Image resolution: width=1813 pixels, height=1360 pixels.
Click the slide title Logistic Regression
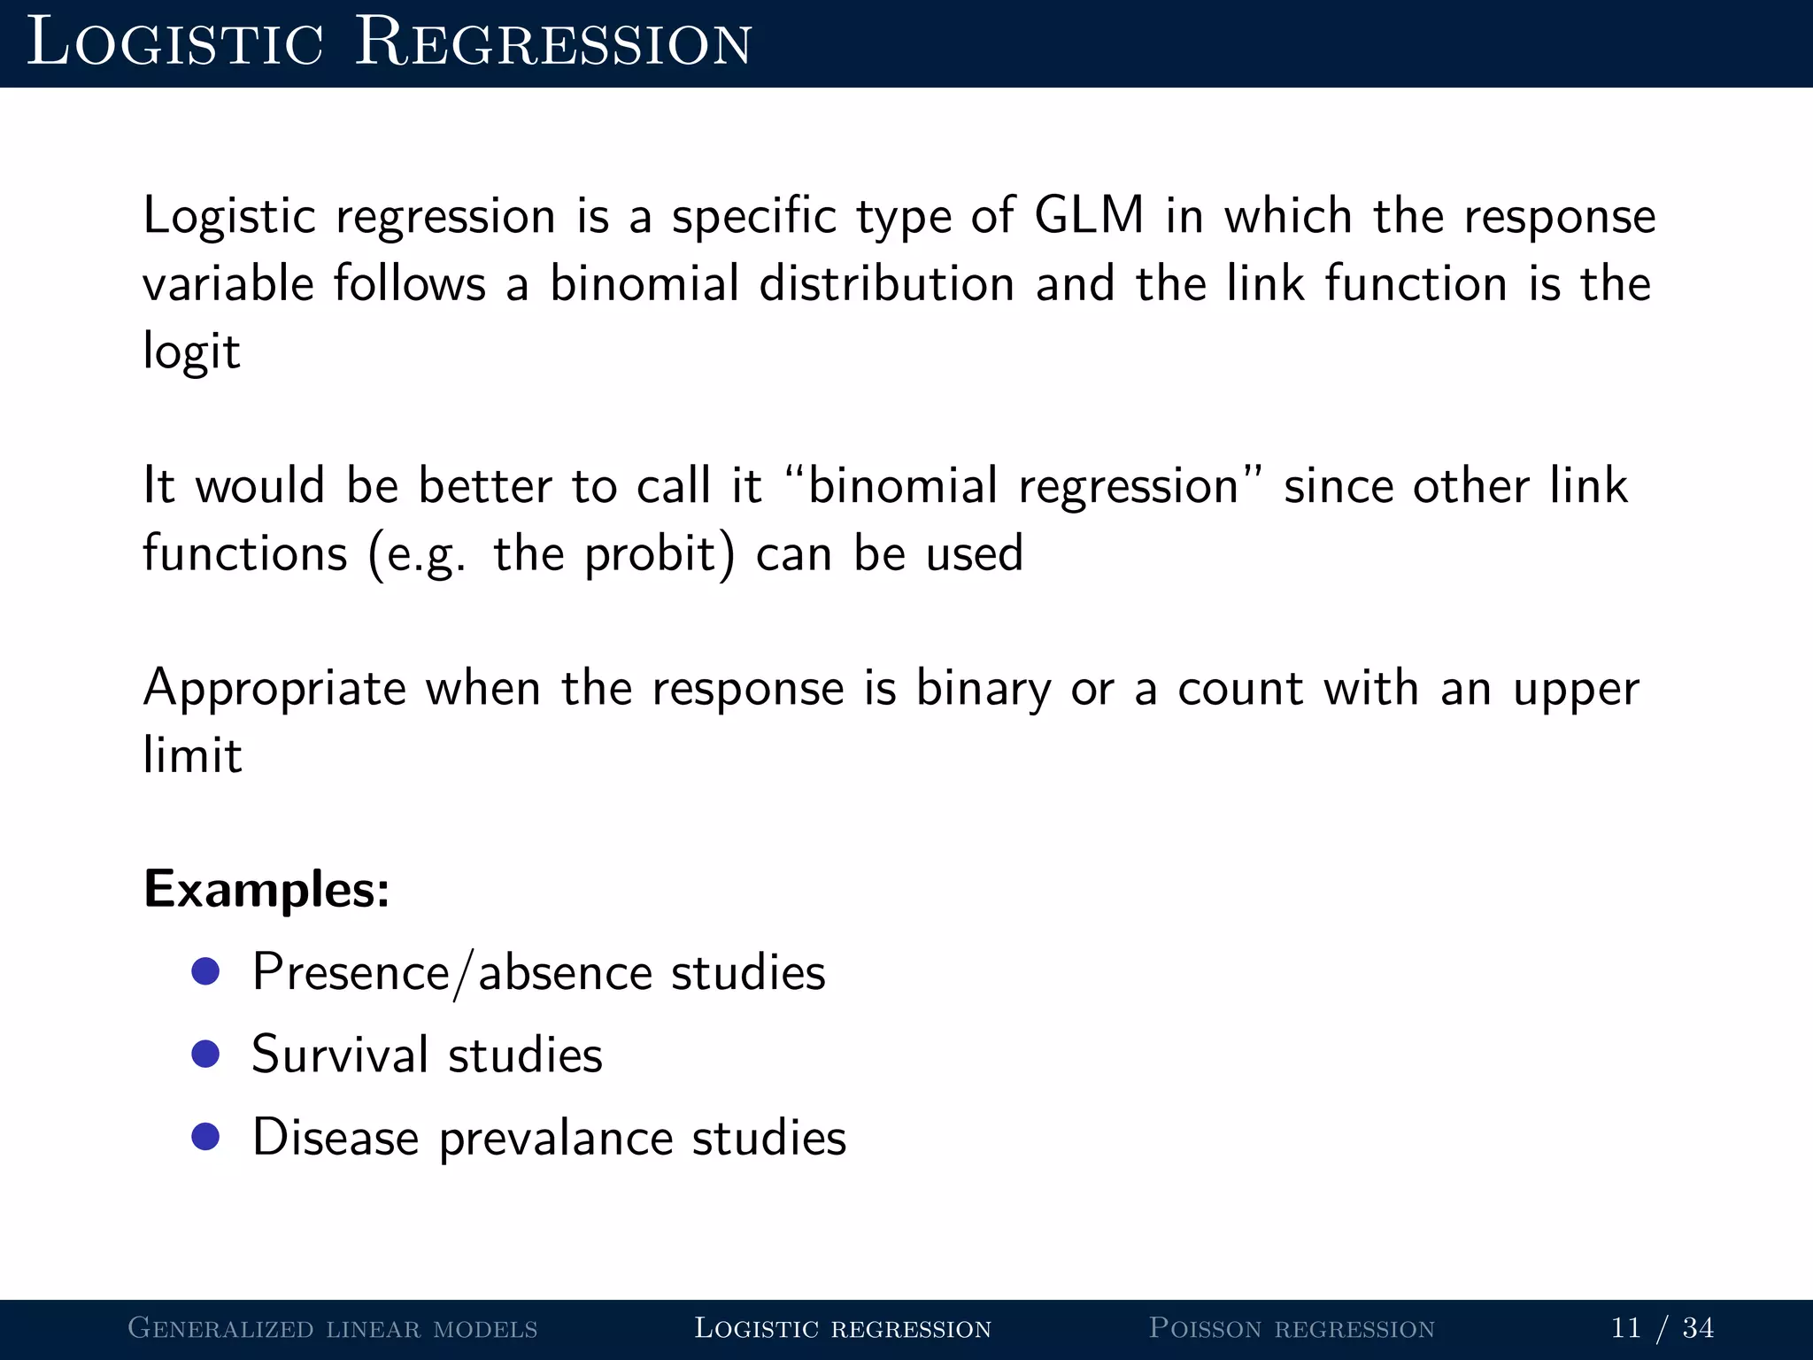coord(390,42)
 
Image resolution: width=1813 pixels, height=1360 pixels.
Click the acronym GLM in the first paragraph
coord(1088,215)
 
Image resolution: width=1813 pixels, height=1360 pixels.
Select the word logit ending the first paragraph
coord(191,352)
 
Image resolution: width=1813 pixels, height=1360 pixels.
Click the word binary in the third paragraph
coord(983,689)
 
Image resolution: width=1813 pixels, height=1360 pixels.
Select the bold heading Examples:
coord(266,889)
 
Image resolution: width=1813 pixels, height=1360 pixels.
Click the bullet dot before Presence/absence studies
coord(205,971)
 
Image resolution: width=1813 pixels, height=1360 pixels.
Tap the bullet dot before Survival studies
coord(205,1054)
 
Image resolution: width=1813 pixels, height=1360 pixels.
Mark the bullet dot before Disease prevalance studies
coord(205,1136)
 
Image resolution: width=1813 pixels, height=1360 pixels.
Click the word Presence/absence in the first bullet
coord(452,973)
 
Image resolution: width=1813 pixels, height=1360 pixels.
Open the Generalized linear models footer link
coord(333,1328)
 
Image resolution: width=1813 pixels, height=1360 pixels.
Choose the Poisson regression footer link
coord(1291,1328)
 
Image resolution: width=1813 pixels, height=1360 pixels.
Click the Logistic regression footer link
coord(842,1328)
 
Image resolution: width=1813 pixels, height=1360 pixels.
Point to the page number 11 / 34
coord(1662,1328)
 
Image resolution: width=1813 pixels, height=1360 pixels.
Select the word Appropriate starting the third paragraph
coord(274,690)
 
